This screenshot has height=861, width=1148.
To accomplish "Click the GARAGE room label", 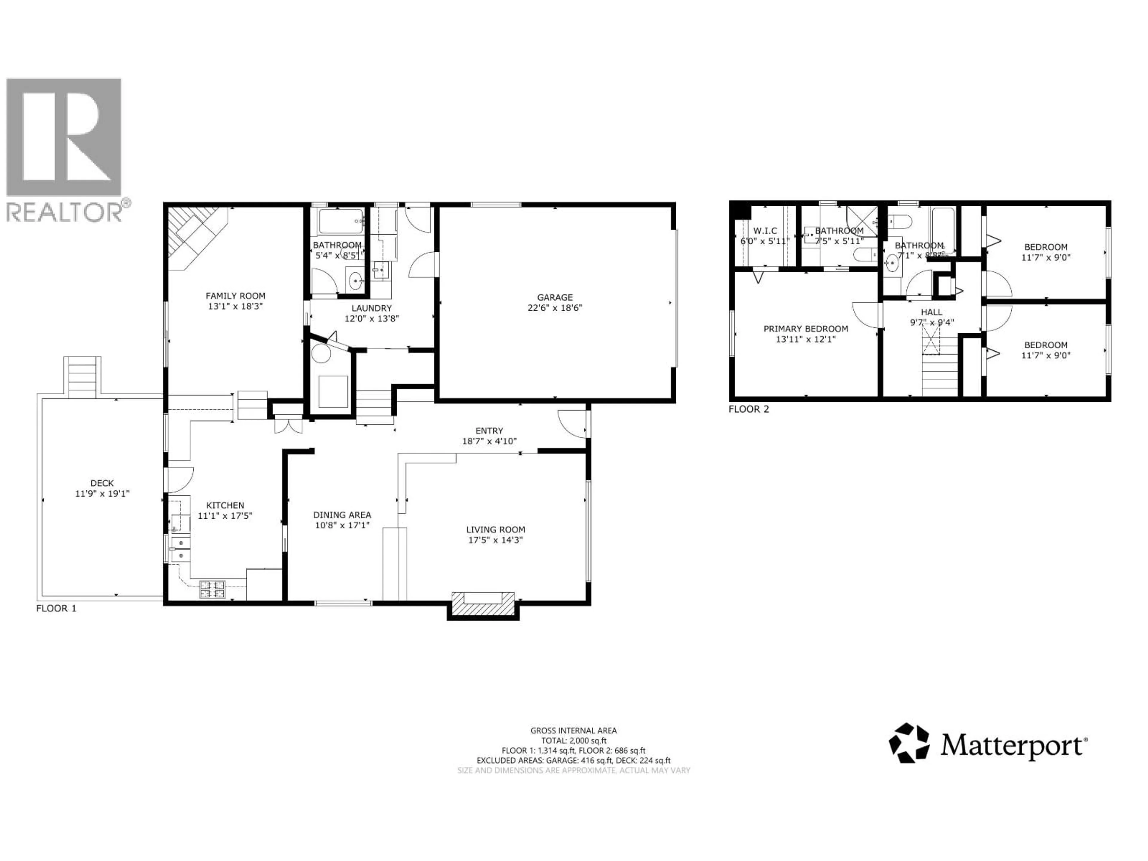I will click(555, 297).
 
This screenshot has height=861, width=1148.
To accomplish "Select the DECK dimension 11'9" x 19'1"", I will click(102, 494).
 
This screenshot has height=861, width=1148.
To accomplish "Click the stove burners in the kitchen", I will click(213, 588).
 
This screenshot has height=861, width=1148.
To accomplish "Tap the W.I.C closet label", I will click(765, 231).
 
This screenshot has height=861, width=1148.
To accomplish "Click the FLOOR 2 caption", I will click(748, 409).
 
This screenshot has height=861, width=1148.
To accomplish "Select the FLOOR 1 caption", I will click(56, 608).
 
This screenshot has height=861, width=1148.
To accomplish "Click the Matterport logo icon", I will click(909, 743).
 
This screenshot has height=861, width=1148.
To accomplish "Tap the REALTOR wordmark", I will click(65, 211).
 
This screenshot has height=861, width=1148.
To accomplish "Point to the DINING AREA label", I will click(342, 515).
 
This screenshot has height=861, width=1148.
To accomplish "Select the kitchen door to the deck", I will click(179, 480).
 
